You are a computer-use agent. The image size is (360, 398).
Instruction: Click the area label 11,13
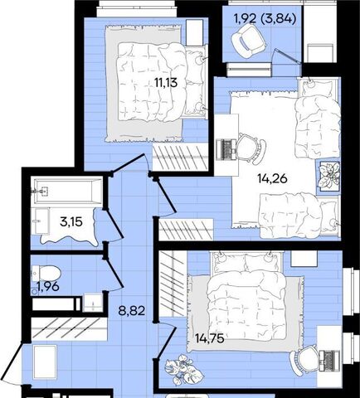pos(166,82)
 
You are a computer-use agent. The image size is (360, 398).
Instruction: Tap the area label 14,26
pos(273,179)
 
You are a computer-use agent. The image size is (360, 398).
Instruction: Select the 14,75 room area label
pos(209,338)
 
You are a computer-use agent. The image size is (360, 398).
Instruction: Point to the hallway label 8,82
pos(132,311)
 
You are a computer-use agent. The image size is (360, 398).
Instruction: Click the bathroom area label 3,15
pos(71,221)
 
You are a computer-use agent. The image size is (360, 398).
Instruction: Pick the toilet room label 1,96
pos(48,287)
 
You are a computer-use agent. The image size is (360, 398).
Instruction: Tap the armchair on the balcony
pos(249,41)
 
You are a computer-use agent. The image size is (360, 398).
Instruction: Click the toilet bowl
pos(46,274)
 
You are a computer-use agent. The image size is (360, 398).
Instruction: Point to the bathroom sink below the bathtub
pos(41,221)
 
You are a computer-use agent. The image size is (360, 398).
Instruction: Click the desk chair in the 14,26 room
pos(252,148)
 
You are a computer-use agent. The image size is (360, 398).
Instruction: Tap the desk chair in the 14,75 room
pos(304,361)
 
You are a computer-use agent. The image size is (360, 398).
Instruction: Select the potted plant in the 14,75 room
pos(183,370)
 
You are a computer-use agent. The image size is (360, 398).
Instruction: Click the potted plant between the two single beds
pos(328,175)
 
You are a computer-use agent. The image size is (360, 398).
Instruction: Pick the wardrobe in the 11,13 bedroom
pos(180,157)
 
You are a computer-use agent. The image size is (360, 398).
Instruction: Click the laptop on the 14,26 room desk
pos(226,149)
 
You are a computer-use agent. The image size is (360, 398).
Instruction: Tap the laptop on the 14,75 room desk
pos(329,361)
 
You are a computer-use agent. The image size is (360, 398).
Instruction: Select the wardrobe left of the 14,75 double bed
pos(172,284)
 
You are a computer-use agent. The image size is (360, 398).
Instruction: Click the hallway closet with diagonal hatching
pos(69,329)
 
